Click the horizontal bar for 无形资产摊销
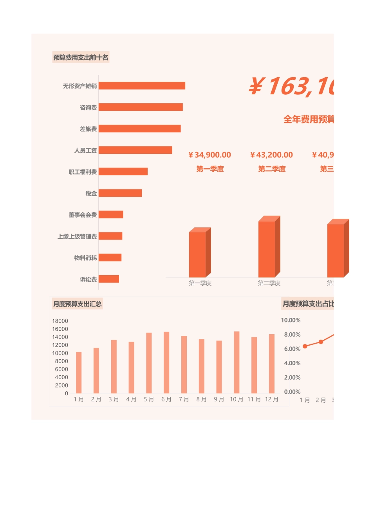pos(142,86)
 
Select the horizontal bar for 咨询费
pos(141,107)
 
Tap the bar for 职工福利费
pos(123,171)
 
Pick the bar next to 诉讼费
pos(109,279)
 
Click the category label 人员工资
pos(85,150)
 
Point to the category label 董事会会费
pos(83,215)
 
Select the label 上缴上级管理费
pos(77,236)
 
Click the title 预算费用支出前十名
pos(81,58)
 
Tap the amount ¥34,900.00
pos(210,155)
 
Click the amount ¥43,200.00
pos(272,155)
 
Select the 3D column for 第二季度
pos(267,249)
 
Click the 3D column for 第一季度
pos(197,254)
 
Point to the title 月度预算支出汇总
pos(78,304)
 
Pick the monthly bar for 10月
pos(237,362)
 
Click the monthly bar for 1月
pos(79,373)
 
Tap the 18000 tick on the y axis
pos(60,321)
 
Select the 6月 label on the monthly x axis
pos(166,399)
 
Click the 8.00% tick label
pos(292,335)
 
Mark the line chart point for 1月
pos(305,346)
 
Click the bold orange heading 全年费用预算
pos(309,119)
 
